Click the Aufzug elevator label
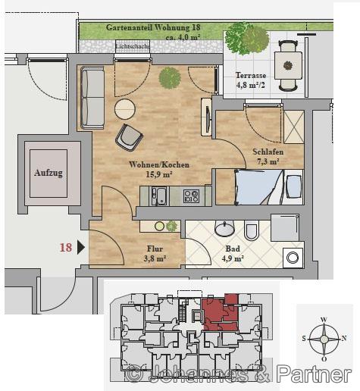click(x=49, y=173)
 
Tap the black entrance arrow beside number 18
click(x=81, y=248)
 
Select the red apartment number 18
click(x=66, y=248)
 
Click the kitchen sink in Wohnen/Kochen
click(x=159, y=196)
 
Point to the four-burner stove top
click(x=191, y=196)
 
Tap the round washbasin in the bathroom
click(x=224, y=228)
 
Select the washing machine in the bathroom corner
click(x=293, y=258)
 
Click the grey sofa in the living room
click(x=92, y=98)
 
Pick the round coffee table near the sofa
click(x=125, y=109)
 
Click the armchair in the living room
click(x=129, y=138)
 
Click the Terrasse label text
click(x=251, y=75)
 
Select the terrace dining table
click(x=288, y=66)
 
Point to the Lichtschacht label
click(x=133, y=46)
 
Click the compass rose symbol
click(x=324, y=339)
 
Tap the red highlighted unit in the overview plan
click(x=220, y=313)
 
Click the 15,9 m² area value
click(x=159, y=174)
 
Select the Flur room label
click(x=155, y=249)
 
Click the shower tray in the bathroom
click(x=285, y=228)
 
